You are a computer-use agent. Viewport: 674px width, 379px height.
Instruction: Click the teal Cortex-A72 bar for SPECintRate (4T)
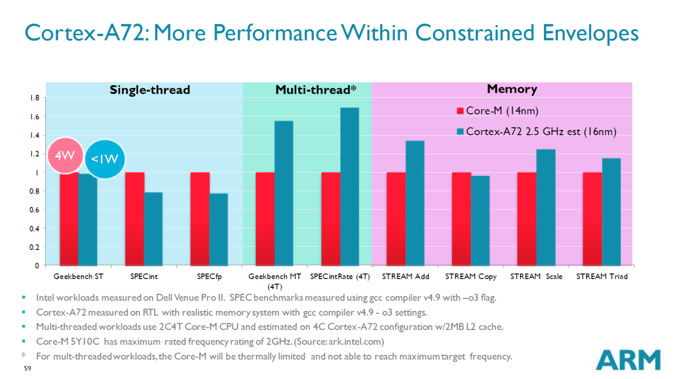[349, 186]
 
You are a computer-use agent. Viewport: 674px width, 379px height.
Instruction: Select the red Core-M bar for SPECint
[134, 218]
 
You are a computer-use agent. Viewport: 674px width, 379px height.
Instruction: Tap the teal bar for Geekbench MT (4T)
[284, 193]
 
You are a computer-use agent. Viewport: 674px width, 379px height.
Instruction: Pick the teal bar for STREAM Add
[414, 203]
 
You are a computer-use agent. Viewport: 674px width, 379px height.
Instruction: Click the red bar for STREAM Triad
[592, 218]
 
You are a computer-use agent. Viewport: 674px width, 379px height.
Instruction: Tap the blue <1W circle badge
[104, 158]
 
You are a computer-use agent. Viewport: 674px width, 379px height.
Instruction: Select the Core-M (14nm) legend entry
[497, 111]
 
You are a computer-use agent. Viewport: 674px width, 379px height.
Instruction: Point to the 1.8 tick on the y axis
[34, 98]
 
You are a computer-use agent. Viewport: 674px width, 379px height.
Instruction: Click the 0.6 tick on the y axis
[34, 210]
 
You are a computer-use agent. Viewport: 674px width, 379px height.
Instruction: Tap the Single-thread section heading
[150, 90]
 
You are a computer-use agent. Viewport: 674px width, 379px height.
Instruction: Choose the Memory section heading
[512, 89]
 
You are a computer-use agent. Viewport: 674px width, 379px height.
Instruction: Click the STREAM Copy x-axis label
[471, 276]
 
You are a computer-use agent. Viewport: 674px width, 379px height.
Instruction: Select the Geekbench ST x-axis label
[78, 276]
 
